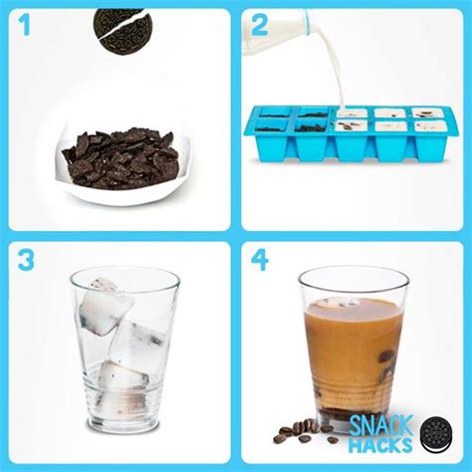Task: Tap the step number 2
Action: point(259,27)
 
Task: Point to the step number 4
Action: point(261,262)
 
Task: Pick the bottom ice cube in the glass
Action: point(122,380)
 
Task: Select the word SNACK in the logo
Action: point(381,424)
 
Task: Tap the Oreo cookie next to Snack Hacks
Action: point(436,433)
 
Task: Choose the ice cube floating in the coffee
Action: point(349,301)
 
